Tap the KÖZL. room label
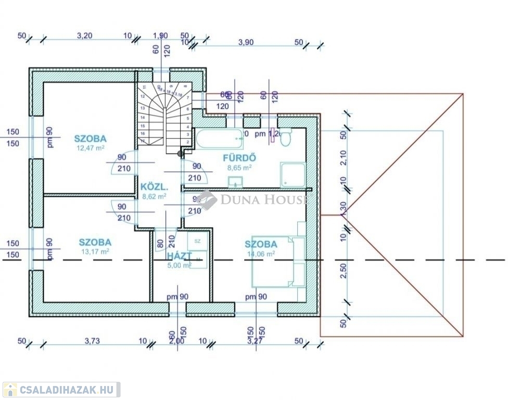click(x=154, y=186)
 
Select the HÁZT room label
click(x=180, y=256)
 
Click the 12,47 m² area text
click(x=90, y=148)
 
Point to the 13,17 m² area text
click(x=95, y=252)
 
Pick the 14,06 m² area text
click(x=261, y=254)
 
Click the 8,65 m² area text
click(x=239, y=168)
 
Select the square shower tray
click(x=294, y=175)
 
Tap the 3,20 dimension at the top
click(x=85, y=36)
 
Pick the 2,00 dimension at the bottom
click(x=177, y=341)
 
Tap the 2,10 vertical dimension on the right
click(x=342, y=157)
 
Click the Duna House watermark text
click(x=263, y=199)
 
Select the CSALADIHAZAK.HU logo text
click(x=66, y=390)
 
